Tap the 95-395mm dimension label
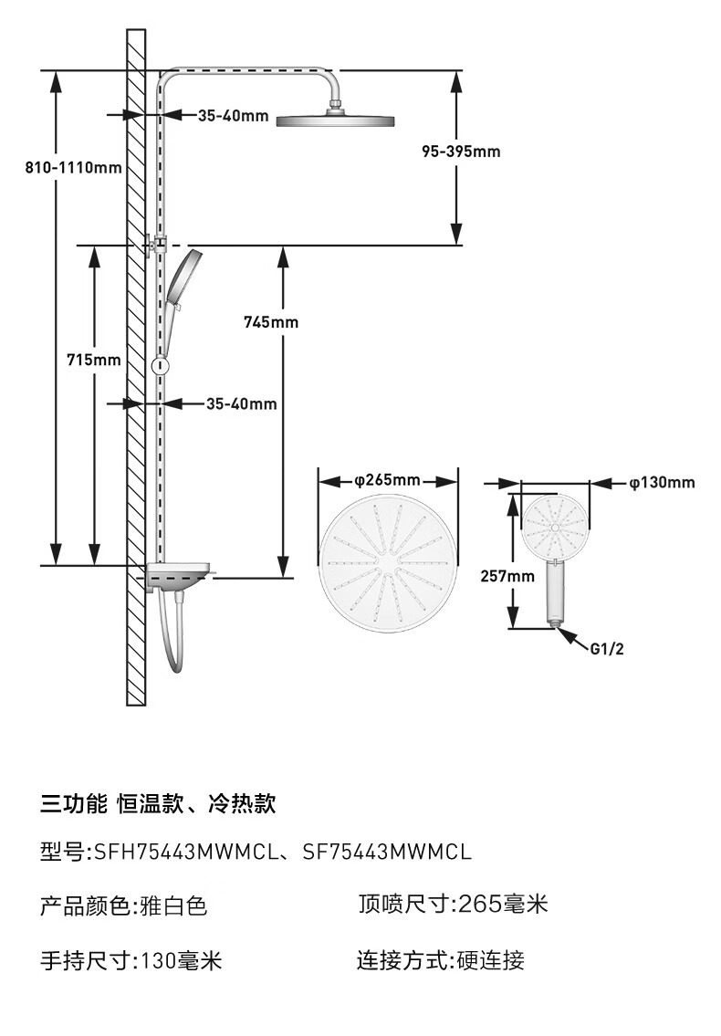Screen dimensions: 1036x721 (x=461, y=152)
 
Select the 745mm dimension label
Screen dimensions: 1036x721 (x=271, y=322)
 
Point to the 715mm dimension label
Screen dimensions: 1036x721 (x=94, y=361)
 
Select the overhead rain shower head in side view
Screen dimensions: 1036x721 (x=335, y=120)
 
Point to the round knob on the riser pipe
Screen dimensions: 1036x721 (x=162, y=366)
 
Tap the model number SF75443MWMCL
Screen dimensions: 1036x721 (x=387, y=853)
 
